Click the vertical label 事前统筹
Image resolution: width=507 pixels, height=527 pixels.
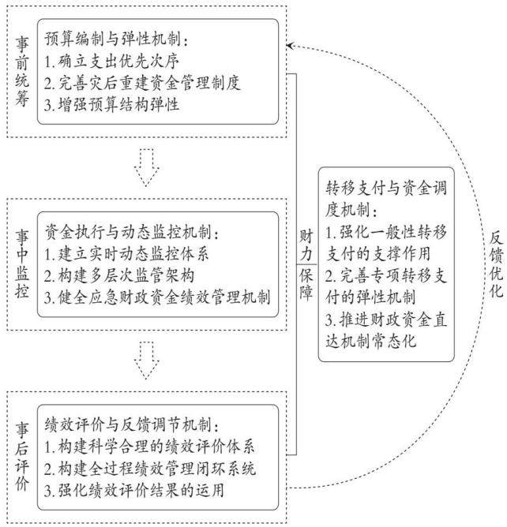(x=22, y=72)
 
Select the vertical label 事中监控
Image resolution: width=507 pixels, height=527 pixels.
(x=22, y=263)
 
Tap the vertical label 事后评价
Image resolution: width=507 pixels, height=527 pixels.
(x=22, y=457)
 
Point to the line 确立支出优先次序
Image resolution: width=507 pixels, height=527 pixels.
(x=111, y=61)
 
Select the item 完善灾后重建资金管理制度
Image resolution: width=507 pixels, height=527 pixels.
(x=142, y=83)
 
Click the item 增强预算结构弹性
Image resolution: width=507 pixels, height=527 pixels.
(x=111, y=104)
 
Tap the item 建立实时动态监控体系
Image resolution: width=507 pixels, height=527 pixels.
(x=126, y=254)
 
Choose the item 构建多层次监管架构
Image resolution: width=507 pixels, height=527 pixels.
(x=119, y=275)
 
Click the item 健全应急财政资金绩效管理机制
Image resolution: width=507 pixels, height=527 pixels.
(x=157, y=297)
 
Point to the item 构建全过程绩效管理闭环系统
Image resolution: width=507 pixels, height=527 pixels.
(x=150, y=469)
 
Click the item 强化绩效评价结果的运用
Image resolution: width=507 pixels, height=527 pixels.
(x=134, y=491)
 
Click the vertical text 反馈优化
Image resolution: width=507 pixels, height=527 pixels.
(x=496, y=264)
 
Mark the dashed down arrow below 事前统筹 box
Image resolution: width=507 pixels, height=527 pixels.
(x=146, y=167)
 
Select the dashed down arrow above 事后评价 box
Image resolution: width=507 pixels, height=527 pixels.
(x=146, y=361)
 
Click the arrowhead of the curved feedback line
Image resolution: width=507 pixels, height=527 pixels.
(x=290, y=46)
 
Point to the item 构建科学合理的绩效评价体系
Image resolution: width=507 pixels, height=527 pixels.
(x=149, y=447)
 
